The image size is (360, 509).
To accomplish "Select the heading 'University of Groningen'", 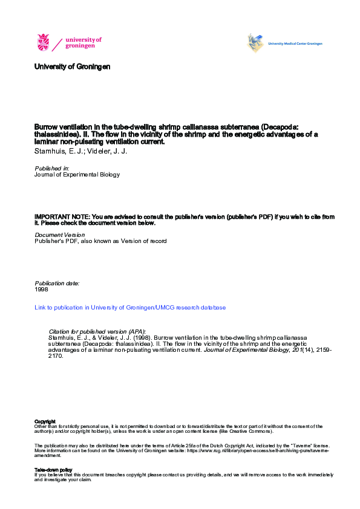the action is point(73,66).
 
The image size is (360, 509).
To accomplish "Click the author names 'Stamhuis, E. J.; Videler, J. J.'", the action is point(81,151).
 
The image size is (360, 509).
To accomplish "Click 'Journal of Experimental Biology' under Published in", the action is point(77,175).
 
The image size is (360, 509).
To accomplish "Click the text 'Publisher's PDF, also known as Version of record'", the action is point(100,241).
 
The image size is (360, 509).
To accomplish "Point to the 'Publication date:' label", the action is point(57,283).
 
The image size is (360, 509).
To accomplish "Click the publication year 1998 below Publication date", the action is point(41,290).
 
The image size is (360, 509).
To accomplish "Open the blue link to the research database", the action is point(130,308).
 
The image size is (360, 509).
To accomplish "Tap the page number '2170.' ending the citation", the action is point(55,356).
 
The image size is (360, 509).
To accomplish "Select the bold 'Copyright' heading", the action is point(45,421).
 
